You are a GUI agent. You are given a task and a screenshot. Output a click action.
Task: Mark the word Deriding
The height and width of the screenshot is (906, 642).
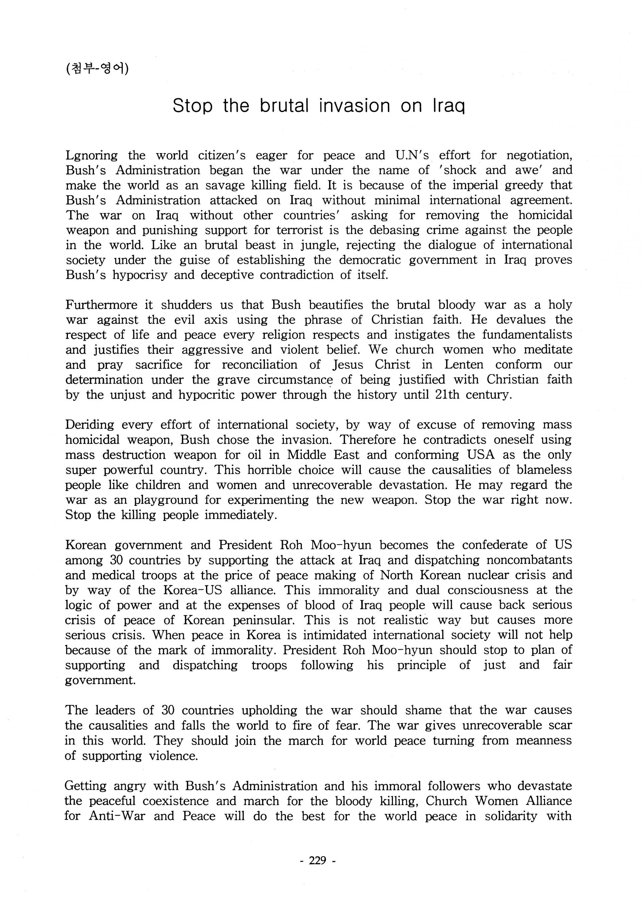90,425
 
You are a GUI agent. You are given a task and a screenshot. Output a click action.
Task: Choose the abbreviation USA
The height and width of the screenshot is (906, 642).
480,455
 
